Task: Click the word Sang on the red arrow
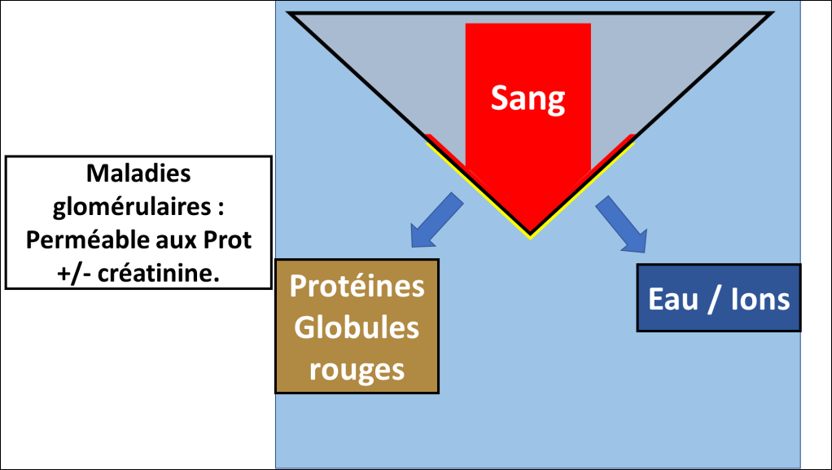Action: (528, 99)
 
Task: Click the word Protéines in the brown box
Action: (357, 287)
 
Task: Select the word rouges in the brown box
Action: (357, 370)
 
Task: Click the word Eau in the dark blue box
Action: (674, 299)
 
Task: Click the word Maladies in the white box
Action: (138, 174)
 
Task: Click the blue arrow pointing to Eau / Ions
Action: (623, 223)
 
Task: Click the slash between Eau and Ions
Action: (716, 299)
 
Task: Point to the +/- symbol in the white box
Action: (76, 275)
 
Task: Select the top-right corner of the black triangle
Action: (770, 14)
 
